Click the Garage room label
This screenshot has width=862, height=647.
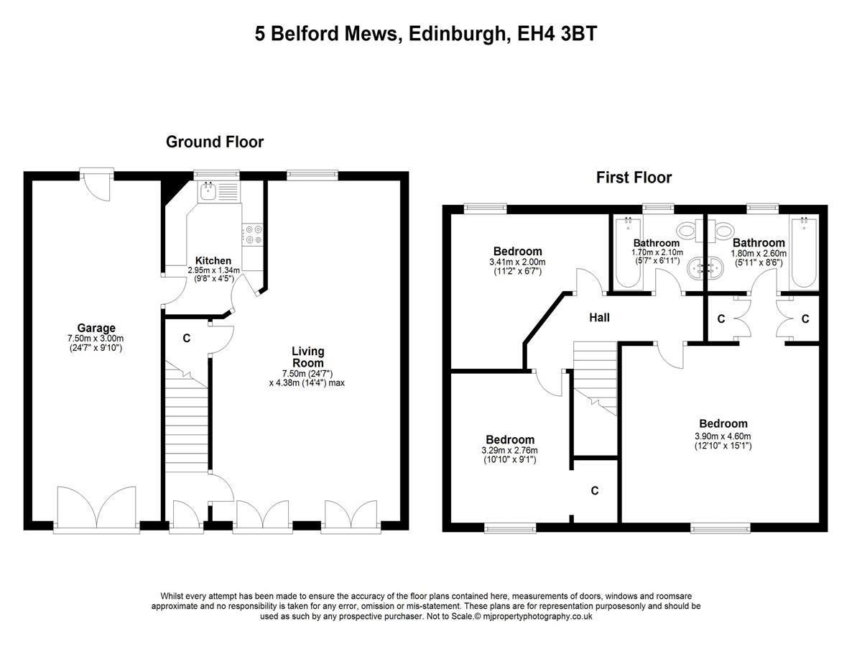click(96, 328)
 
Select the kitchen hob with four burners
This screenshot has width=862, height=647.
click(252, 234)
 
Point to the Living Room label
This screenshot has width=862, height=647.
click(308, 357)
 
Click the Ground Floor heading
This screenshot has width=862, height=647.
click(215, 142)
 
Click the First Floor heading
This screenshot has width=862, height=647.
click(634, 178)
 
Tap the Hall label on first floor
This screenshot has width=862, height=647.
click(599, 318)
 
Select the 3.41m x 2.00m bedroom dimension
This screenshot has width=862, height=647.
click(517, 262)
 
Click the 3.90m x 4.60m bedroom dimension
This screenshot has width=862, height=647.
click(723, 436)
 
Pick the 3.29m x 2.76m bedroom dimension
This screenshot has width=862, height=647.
click(509, 451)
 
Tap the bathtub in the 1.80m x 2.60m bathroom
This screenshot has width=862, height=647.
click(804, 252)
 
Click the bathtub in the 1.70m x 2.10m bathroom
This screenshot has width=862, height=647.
click(628, 253)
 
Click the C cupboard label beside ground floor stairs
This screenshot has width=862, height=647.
click(187, 338)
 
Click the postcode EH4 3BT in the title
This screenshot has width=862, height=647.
click(557, 33)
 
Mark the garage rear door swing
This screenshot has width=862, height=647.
click(96, 187)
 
